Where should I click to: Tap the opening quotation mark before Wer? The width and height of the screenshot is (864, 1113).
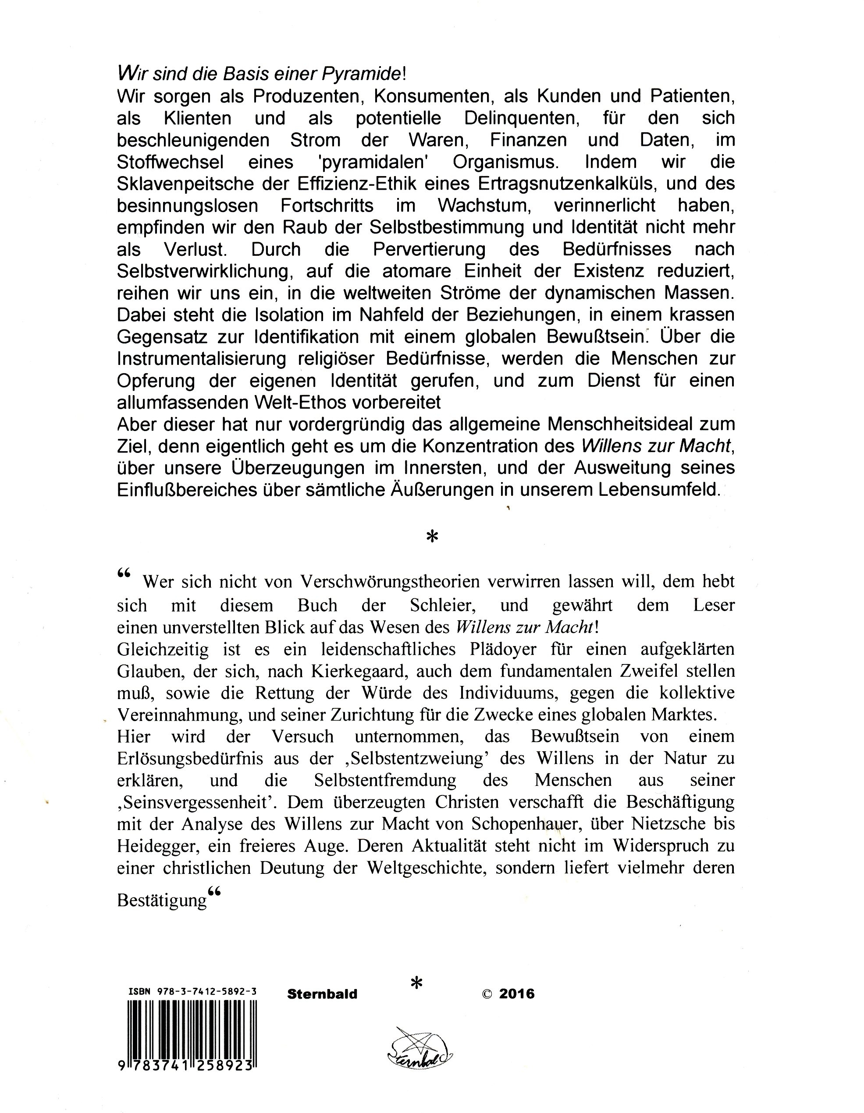coord(124,574)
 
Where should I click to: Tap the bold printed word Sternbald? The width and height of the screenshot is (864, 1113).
coord(322,994)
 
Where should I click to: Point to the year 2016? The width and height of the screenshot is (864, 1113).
coord(517,994)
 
